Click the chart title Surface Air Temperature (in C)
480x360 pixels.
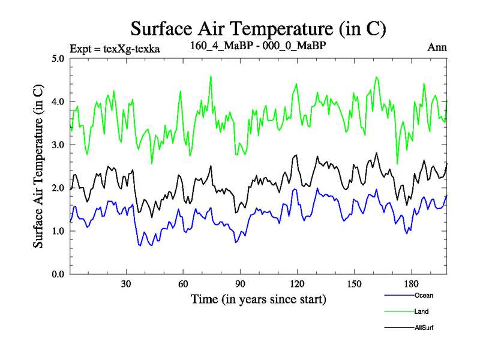(258, 28)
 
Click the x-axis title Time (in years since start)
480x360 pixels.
(259, 299)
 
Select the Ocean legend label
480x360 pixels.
(424, 296)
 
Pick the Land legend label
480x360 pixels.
(421, 312)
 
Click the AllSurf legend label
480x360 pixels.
(424, 328)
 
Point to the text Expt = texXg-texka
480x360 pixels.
(115, 48)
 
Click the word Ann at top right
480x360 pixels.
(437, 47)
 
